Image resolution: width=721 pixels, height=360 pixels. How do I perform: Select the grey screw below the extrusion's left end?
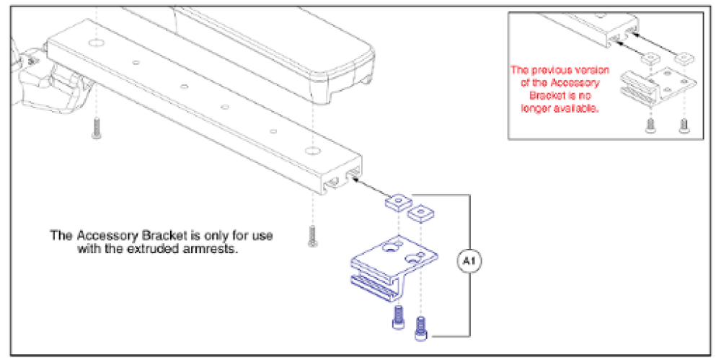(95, 129)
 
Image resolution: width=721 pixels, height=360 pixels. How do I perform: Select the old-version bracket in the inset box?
(657, 83)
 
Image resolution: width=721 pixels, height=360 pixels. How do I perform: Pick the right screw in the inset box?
(683, 126)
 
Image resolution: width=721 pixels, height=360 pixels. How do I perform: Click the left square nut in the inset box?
(651, 57)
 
